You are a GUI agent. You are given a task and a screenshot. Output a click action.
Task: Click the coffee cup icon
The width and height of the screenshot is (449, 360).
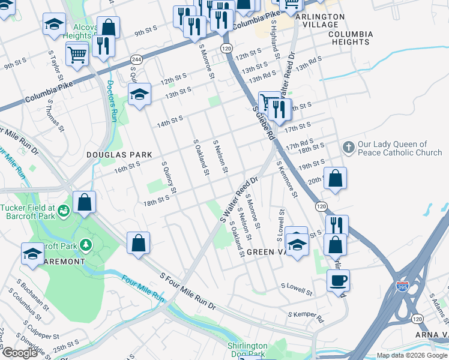pos(338,280)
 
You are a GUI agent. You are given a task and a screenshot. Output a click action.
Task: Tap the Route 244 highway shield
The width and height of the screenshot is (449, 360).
pos(136,59)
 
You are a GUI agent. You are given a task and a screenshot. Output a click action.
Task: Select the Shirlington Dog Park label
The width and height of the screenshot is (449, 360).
pos(247,349)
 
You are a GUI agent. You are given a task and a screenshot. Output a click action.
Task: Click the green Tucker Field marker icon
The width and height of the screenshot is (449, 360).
pos(64,209)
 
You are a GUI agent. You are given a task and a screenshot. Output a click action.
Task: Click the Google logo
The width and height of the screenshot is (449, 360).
pos(19,353)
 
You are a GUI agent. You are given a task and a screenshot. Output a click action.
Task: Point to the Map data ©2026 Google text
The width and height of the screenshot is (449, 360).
pos(412,355)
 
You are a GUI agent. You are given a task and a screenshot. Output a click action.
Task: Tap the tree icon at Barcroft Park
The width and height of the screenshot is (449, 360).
pos(86,245)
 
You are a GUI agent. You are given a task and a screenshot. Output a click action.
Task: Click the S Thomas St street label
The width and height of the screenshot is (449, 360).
pos(55,115)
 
